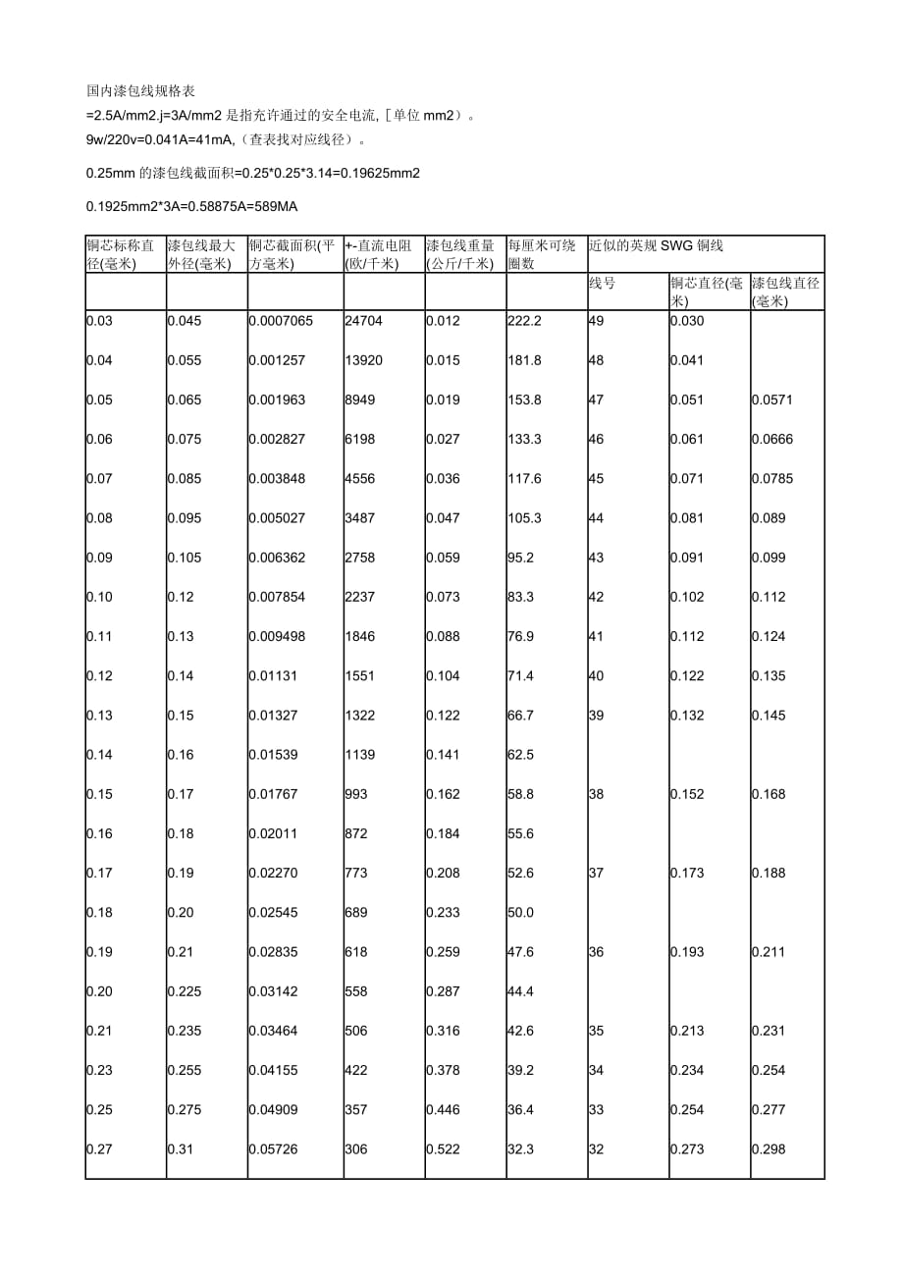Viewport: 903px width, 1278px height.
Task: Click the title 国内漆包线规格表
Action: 140,91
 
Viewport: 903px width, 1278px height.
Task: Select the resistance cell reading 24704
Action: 362,321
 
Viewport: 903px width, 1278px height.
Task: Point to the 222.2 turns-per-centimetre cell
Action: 524,321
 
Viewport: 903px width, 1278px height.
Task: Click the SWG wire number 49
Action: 597,321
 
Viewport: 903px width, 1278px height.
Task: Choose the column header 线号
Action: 602,284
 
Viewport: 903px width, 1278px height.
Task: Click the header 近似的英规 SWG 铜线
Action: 656,245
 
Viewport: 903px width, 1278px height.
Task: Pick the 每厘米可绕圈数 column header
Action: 542,254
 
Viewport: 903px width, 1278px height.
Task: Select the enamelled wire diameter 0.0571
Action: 772,399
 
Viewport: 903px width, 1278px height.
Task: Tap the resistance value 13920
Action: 363,360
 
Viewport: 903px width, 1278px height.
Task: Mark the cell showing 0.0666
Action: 772,439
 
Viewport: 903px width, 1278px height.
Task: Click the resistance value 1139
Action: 360,755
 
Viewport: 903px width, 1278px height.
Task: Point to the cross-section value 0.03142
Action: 277,991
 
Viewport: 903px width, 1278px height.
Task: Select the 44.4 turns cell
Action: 520,991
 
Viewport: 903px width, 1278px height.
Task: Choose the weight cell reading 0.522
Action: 443,1149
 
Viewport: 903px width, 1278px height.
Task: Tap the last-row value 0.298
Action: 769,1149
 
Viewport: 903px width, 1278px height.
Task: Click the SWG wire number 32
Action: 597,1149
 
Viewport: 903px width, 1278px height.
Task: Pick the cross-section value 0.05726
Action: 277,1149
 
